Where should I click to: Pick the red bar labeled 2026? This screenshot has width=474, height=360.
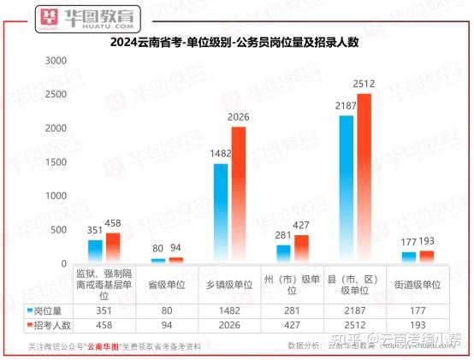[x=238, y=194]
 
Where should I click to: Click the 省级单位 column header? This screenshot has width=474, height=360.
[x=166, y=285]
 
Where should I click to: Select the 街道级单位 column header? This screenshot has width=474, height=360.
[x=418, y=285]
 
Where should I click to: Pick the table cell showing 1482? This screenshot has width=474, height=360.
[x=229, y=310]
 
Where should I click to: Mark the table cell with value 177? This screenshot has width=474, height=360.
[x=418, y=310]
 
